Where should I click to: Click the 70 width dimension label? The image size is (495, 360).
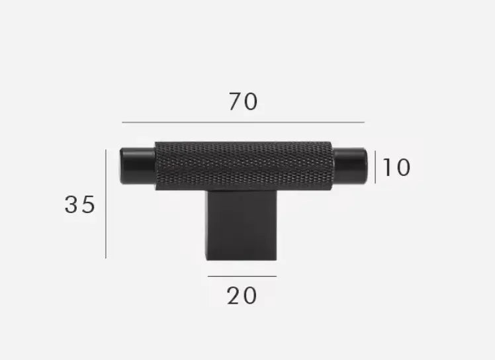[x=243, y=102]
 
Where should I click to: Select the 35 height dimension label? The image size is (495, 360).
[x=79, y=204]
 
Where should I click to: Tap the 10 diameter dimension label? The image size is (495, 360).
[x=396, y=167]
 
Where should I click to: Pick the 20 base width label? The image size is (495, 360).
[x=242, y=296]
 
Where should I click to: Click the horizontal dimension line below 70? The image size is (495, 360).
[x=243, y=122]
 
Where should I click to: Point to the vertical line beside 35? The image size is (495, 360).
[x=106, y=203]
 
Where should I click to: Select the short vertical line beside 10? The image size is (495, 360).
[x=375, y=167]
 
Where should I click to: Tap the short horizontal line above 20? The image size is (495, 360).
[x=242, y=276]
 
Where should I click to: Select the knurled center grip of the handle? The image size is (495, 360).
[x=243, y=165]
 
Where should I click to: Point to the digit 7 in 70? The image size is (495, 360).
[x=235, y=102]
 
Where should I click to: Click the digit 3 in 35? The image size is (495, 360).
[x=71, y=204]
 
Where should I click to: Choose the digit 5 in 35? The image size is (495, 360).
[x=88, y=204]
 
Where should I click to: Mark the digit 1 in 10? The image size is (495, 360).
[x=386, y=167]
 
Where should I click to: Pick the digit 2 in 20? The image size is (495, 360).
[x=234, y=296]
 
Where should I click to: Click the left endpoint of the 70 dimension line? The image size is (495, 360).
[x=122, y=122]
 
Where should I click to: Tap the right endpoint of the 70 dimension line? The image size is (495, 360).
[x=364, y=122]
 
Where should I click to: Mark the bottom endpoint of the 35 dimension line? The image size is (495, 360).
[x=106, y=257]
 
